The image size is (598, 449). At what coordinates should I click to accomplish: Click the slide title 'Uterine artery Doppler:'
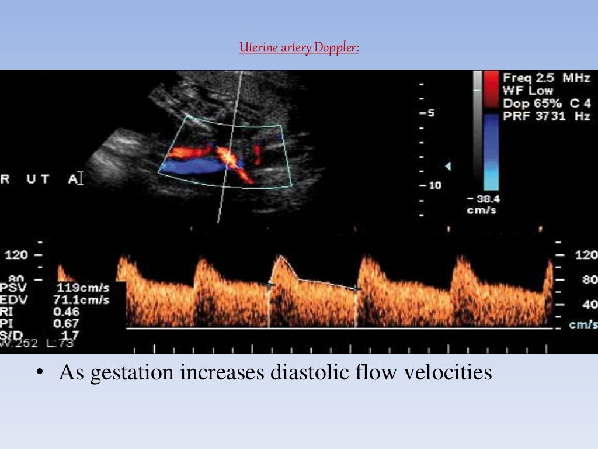pyautogui.click(x=299, y=47)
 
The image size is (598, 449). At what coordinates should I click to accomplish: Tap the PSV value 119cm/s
pyautogui.click(x=83, y=288)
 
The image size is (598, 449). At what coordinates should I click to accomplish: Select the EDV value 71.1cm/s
pyautogui.click(x=83, y=300)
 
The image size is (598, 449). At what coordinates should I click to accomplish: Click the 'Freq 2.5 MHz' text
pyautogui.click(x=547, y=78)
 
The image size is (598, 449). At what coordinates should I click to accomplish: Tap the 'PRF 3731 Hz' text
pyautogui.click(x=547, y=116)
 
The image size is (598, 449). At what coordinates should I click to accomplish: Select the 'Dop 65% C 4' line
pyautogui.click(x=547, y=103)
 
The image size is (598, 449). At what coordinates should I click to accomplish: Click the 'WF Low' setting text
pyautogui.click(x=524, y=91)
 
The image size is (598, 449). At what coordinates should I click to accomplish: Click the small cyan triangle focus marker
pyautogui.click(x=448, y=167)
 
